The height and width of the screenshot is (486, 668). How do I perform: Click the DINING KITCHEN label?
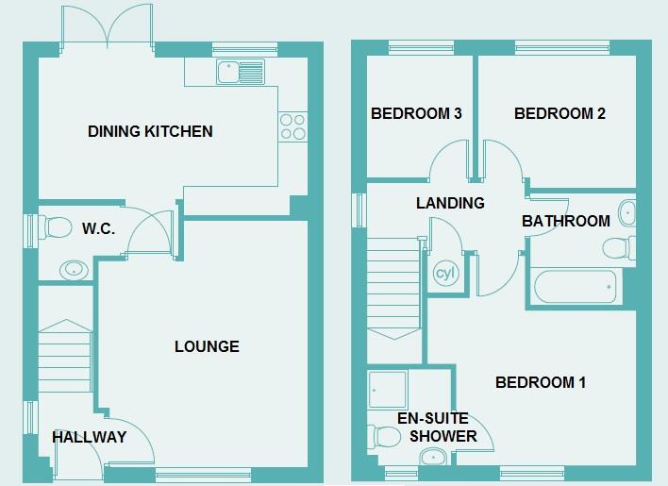click(150, 131)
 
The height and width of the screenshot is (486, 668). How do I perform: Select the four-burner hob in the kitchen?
click(292, 126)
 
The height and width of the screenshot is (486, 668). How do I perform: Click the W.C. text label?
click(98, 228)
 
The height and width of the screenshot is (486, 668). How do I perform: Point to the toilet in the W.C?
click(56, 227)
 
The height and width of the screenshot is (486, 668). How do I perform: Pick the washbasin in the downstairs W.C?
click(73, 270)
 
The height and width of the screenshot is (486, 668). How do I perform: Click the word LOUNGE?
click(207, 346)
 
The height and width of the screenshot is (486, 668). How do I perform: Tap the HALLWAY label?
click(89, 437)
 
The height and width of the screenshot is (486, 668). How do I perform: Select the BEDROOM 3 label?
click(415, 114)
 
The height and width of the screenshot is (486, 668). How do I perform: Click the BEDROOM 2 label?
click(559, 114)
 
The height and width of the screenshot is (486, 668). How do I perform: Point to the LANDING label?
click(450, 203)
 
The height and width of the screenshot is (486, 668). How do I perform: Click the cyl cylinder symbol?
click(444, 275)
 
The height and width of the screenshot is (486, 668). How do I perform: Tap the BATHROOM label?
click(566, 221)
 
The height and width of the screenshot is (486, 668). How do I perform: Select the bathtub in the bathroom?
click(575, 284)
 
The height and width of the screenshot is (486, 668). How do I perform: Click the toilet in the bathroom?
click(615, 248)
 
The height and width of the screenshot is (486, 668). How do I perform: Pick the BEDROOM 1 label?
click(541, 382)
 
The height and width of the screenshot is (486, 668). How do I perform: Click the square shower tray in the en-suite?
click(388, 389)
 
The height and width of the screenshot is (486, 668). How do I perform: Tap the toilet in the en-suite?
click(385, 435)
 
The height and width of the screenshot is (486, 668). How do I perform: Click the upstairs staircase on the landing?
click(392, 288)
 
